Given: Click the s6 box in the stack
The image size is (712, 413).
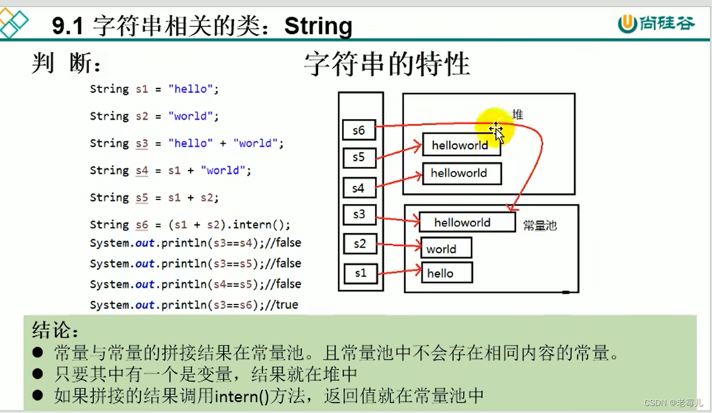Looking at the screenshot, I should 359,130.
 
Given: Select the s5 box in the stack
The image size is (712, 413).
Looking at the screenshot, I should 359,157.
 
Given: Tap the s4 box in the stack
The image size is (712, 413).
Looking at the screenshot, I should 359,188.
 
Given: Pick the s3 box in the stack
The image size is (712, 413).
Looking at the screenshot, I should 359,215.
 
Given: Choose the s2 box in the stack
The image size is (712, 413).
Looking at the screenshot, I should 359,243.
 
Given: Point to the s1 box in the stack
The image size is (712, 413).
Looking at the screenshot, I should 360,273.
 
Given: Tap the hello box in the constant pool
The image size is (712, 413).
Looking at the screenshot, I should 446,273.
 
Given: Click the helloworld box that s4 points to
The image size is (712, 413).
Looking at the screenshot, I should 462,173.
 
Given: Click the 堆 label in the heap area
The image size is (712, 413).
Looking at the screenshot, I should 517,114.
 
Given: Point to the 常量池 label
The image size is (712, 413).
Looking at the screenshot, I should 539,225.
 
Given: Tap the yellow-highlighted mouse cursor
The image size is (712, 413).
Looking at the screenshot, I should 496,131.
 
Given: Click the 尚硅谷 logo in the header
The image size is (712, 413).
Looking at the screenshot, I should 656,23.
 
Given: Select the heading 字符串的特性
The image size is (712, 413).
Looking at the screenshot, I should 387,64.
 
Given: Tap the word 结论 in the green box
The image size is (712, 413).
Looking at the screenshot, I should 55,330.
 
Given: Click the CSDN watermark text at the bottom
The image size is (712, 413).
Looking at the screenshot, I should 673,403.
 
